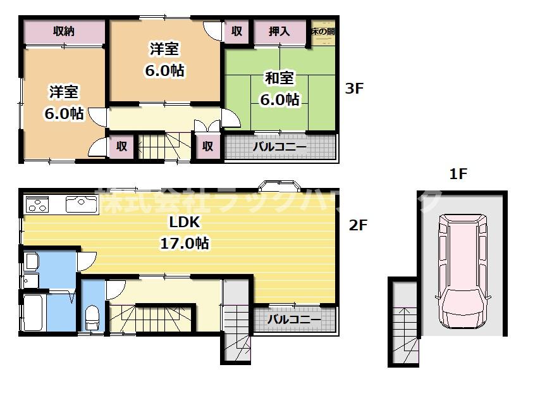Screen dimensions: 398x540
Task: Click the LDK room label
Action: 184,222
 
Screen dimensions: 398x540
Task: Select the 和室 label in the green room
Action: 279,78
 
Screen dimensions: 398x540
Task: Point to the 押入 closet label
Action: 279,31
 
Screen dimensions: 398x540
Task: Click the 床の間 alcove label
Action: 322,30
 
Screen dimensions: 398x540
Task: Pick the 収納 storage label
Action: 64,31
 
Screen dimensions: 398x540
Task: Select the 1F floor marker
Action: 458,174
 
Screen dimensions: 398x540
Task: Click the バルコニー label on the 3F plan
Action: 279,147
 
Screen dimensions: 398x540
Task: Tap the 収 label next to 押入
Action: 236,31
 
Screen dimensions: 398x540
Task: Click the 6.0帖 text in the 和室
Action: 279,99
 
